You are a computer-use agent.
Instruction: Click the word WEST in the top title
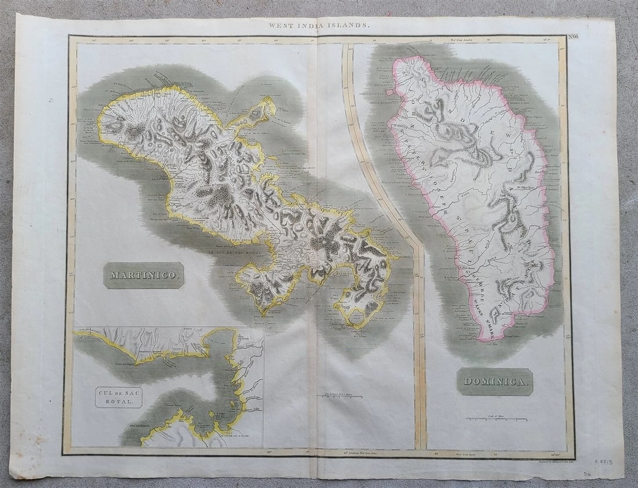click(278, 26)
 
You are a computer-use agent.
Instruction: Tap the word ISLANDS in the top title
click(351, 26)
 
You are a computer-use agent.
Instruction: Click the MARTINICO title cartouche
click(144, 275)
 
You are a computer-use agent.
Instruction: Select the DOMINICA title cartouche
click(495, 381)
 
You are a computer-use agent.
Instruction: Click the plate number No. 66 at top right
click(557, 38)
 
